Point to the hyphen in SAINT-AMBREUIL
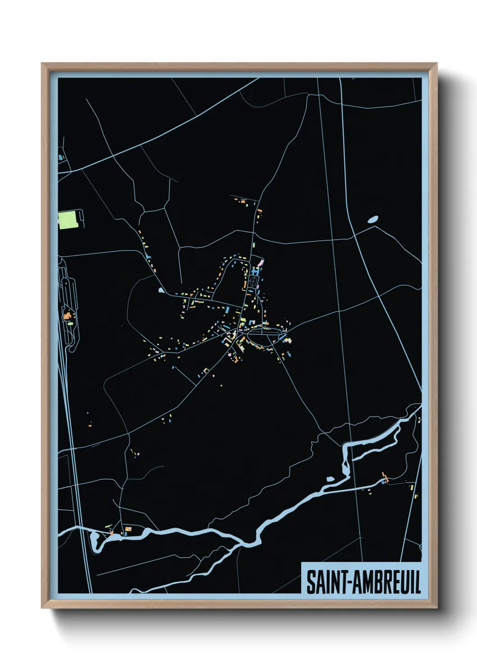point(347,582)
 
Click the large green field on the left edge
point(68,220)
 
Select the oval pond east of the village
point(373,219)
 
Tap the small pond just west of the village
point(162,290)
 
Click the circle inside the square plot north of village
point(253,282)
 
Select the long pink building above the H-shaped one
point(260,262)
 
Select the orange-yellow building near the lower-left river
point(128,528)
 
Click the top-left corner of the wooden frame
point(42,64)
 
